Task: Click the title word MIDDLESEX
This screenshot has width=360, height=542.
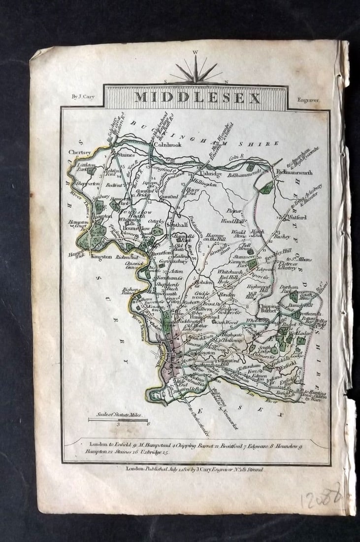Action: click(197, 98)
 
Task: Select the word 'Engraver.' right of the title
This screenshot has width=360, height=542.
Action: click(309, 100)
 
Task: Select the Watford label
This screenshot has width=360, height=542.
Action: click(297, 217)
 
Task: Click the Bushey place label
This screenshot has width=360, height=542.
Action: click(283, 236)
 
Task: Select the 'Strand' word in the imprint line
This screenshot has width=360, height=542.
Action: click(253, 470)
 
